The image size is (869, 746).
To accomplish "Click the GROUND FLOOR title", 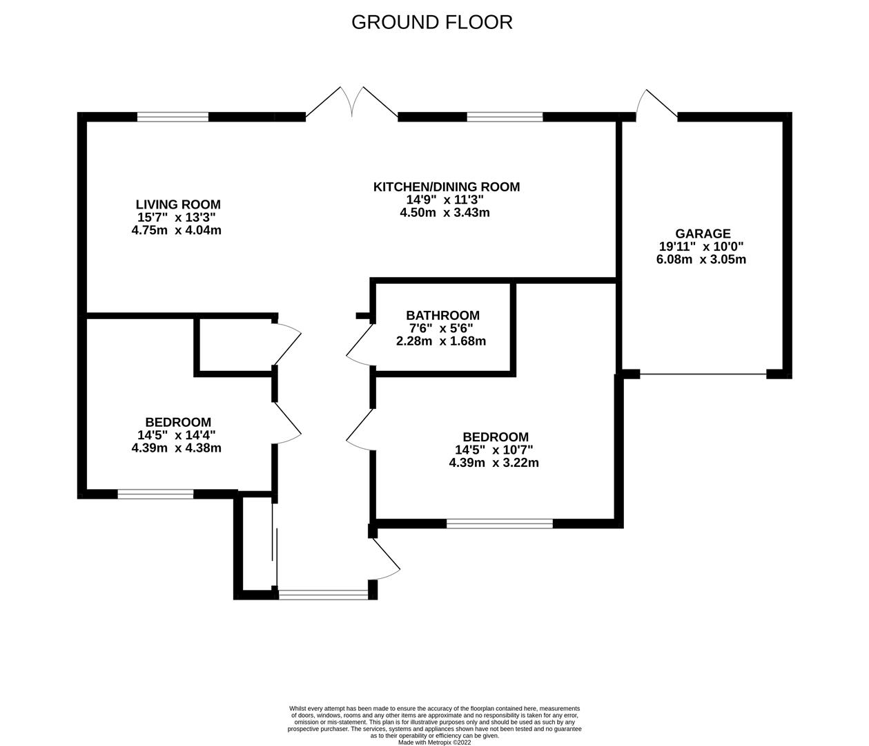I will (431, 22).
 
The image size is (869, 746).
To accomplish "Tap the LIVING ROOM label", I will (178, 204).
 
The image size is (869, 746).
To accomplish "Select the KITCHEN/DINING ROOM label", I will (446, 186).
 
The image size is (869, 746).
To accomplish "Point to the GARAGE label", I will (703, 234).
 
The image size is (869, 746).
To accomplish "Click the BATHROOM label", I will (442, 315).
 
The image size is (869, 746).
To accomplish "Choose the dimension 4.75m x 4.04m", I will (176, 231).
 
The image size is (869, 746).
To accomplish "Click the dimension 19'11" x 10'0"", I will (701, 247).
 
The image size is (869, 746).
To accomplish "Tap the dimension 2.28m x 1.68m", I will (441, 341).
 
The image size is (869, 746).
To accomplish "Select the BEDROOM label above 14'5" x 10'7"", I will (496, 437).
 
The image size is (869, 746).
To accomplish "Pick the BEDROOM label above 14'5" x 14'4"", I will (178, 422).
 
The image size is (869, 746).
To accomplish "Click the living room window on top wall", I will (173, 117).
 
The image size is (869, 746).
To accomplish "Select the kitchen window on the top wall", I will (505, 117).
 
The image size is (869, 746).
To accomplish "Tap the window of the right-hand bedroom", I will (500, 524).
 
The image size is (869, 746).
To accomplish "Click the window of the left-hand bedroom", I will (155, 494).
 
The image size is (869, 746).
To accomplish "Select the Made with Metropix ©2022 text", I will (434, 743).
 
